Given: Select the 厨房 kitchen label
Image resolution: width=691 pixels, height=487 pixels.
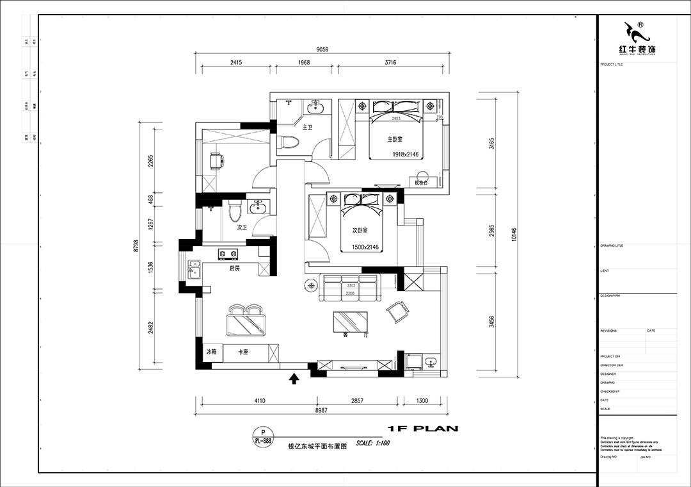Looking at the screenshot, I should click(235, 268).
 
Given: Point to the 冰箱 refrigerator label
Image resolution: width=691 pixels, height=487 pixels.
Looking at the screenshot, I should click(212, 352).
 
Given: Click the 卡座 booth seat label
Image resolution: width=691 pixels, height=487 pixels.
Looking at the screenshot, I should click(243, 352).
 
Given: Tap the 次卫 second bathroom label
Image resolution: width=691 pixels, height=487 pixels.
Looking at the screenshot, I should click(242, 227).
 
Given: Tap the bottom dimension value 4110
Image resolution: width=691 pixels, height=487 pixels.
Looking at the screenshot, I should click(260, 400).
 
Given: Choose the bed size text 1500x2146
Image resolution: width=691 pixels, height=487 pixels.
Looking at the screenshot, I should click(365, 247).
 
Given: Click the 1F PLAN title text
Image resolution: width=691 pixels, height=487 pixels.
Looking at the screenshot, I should click(423, 429).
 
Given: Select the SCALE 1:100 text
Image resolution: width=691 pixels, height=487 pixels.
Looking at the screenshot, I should click(373, 443).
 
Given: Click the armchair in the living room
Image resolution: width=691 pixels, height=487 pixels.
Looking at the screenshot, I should click(397, 311).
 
